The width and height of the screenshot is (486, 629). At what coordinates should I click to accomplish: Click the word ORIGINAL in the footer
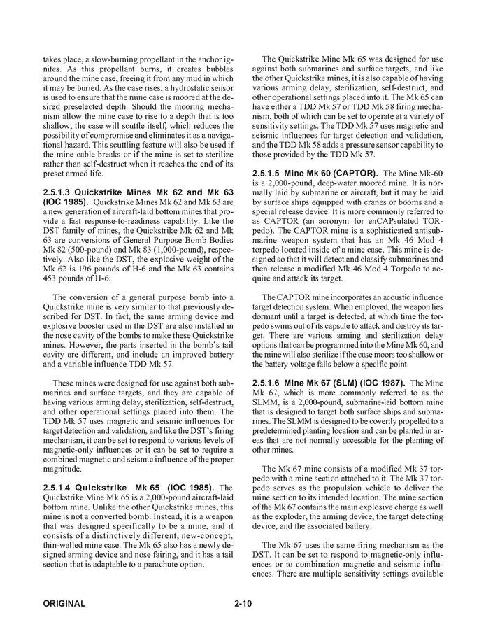[64, 602]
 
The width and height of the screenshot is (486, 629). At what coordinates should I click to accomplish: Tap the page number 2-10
[243, 602]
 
